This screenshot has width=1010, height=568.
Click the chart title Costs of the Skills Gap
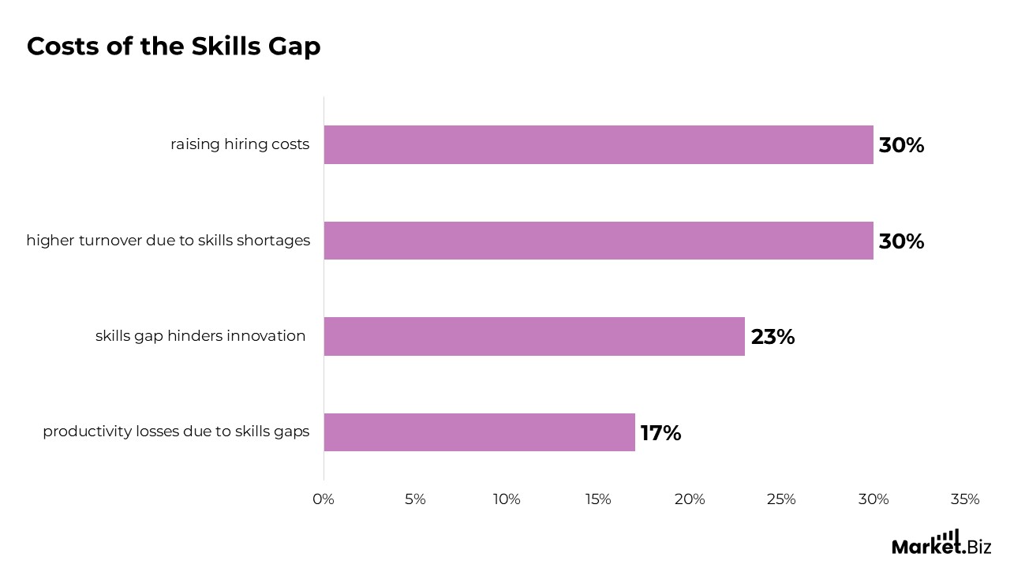[174, 47]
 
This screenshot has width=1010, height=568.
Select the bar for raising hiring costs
[598, 145]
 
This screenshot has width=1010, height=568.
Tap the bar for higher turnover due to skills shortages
[598, 241]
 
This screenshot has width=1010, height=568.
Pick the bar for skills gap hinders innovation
[534, 337]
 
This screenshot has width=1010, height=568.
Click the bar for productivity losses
[479, 432]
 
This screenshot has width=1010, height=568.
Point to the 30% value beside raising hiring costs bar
[901, 146]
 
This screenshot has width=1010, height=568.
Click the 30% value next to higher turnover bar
[901, 241]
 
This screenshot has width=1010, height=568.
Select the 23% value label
[772, 338]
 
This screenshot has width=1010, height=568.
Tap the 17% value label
[660, 433]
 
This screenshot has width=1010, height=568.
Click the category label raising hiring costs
[240, 145]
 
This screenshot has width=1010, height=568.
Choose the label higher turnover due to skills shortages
[168, 241]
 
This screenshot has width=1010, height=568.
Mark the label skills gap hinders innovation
[200, 336]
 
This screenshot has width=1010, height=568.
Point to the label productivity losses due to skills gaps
[176, 432]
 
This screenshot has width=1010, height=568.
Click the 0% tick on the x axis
[324, 499]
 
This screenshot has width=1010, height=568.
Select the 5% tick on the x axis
[415, 499]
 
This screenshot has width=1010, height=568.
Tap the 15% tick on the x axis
[598, 499]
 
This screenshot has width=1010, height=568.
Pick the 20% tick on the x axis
[690, 499]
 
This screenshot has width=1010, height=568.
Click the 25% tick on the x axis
[781, 499]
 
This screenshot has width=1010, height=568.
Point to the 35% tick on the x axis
[965, 499]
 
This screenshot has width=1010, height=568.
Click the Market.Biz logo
[941, 543]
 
